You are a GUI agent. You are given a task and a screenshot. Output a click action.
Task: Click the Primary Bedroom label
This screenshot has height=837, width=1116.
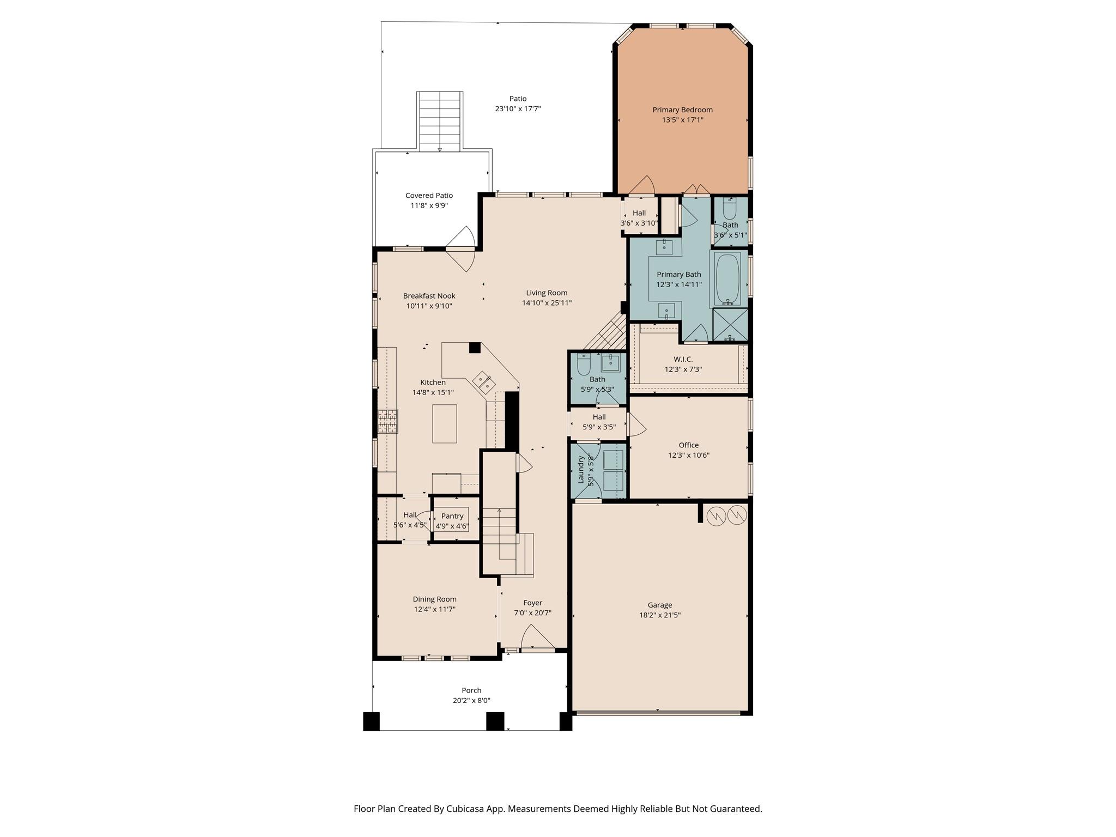682,110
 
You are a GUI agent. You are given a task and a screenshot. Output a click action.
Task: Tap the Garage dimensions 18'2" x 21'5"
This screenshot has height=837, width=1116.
660,615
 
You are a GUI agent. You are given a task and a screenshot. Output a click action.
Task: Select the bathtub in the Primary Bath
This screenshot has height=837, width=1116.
727,279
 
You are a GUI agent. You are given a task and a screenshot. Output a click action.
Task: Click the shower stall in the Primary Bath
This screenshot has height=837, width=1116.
730,325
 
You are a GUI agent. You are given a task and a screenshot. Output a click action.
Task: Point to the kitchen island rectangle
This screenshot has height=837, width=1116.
444,423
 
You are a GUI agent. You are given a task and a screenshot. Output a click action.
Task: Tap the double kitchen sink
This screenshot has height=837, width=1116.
483,381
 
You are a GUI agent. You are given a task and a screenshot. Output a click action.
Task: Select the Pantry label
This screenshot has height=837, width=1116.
452,516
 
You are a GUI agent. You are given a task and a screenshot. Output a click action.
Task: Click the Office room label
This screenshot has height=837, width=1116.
688,445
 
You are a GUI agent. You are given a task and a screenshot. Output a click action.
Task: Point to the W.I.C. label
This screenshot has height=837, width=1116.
683,359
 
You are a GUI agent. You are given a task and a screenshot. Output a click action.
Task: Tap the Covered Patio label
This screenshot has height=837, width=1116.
429,196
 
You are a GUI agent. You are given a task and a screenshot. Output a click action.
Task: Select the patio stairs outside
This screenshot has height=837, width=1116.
440,122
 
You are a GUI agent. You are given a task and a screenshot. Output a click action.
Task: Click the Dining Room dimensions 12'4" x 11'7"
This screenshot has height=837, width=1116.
434,609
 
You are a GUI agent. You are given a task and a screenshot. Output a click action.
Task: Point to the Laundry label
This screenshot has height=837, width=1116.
581,470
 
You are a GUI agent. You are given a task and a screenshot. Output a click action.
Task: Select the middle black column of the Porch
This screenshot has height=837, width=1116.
495,721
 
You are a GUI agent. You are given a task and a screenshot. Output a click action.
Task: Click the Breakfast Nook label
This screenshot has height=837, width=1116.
429,296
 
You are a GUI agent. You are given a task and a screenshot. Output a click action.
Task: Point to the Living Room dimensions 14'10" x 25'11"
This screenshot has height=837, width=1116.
547,303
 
